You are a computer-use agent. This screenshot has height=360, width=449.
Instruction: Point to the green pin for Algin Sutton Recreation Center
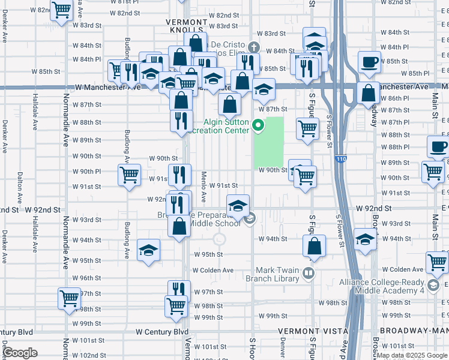[259, 125]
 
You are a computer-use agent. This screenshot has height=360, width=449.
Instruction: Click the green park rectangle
[269, 143]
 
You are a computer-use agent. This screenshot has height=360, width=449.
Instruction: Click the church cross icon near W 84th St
[254, 47]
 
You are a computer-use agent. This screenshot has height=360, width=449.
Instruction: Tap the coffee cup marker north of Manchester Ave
[369, 61]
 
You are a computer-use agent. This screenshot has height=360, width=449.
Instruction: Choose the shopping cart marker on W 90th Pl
[129, 176]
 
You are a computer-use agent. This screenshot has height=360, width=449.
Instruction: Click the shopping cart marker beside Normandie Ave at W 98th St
[69, 298]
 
